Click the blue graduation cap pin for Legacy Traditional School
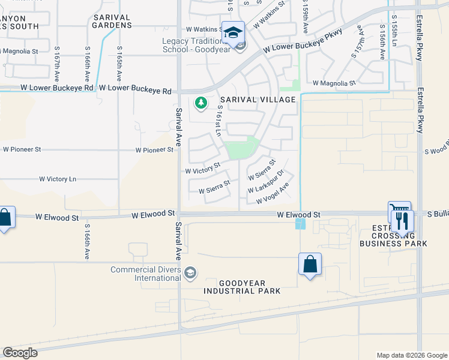click(233, 32)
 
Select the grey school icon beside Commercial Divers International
click(190, 274)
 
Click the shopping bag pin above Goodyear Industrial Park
click(310, 264)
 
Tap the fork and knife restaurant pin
click(402, 220)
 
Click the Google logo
click(20, 353)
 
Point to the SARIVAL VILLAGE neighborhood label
click(258, 100)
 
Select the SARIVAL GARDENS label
click(112, 22)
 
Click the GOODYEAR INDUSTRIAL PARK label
click(242, 287)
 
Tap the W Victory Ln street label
click(58, 179)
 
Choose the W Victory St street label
click(203, 168)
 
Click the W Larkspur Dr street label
click(265, 185)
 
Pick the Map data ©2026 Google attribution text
click(411, 355)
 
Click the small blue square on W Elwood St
click(300, 224)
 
